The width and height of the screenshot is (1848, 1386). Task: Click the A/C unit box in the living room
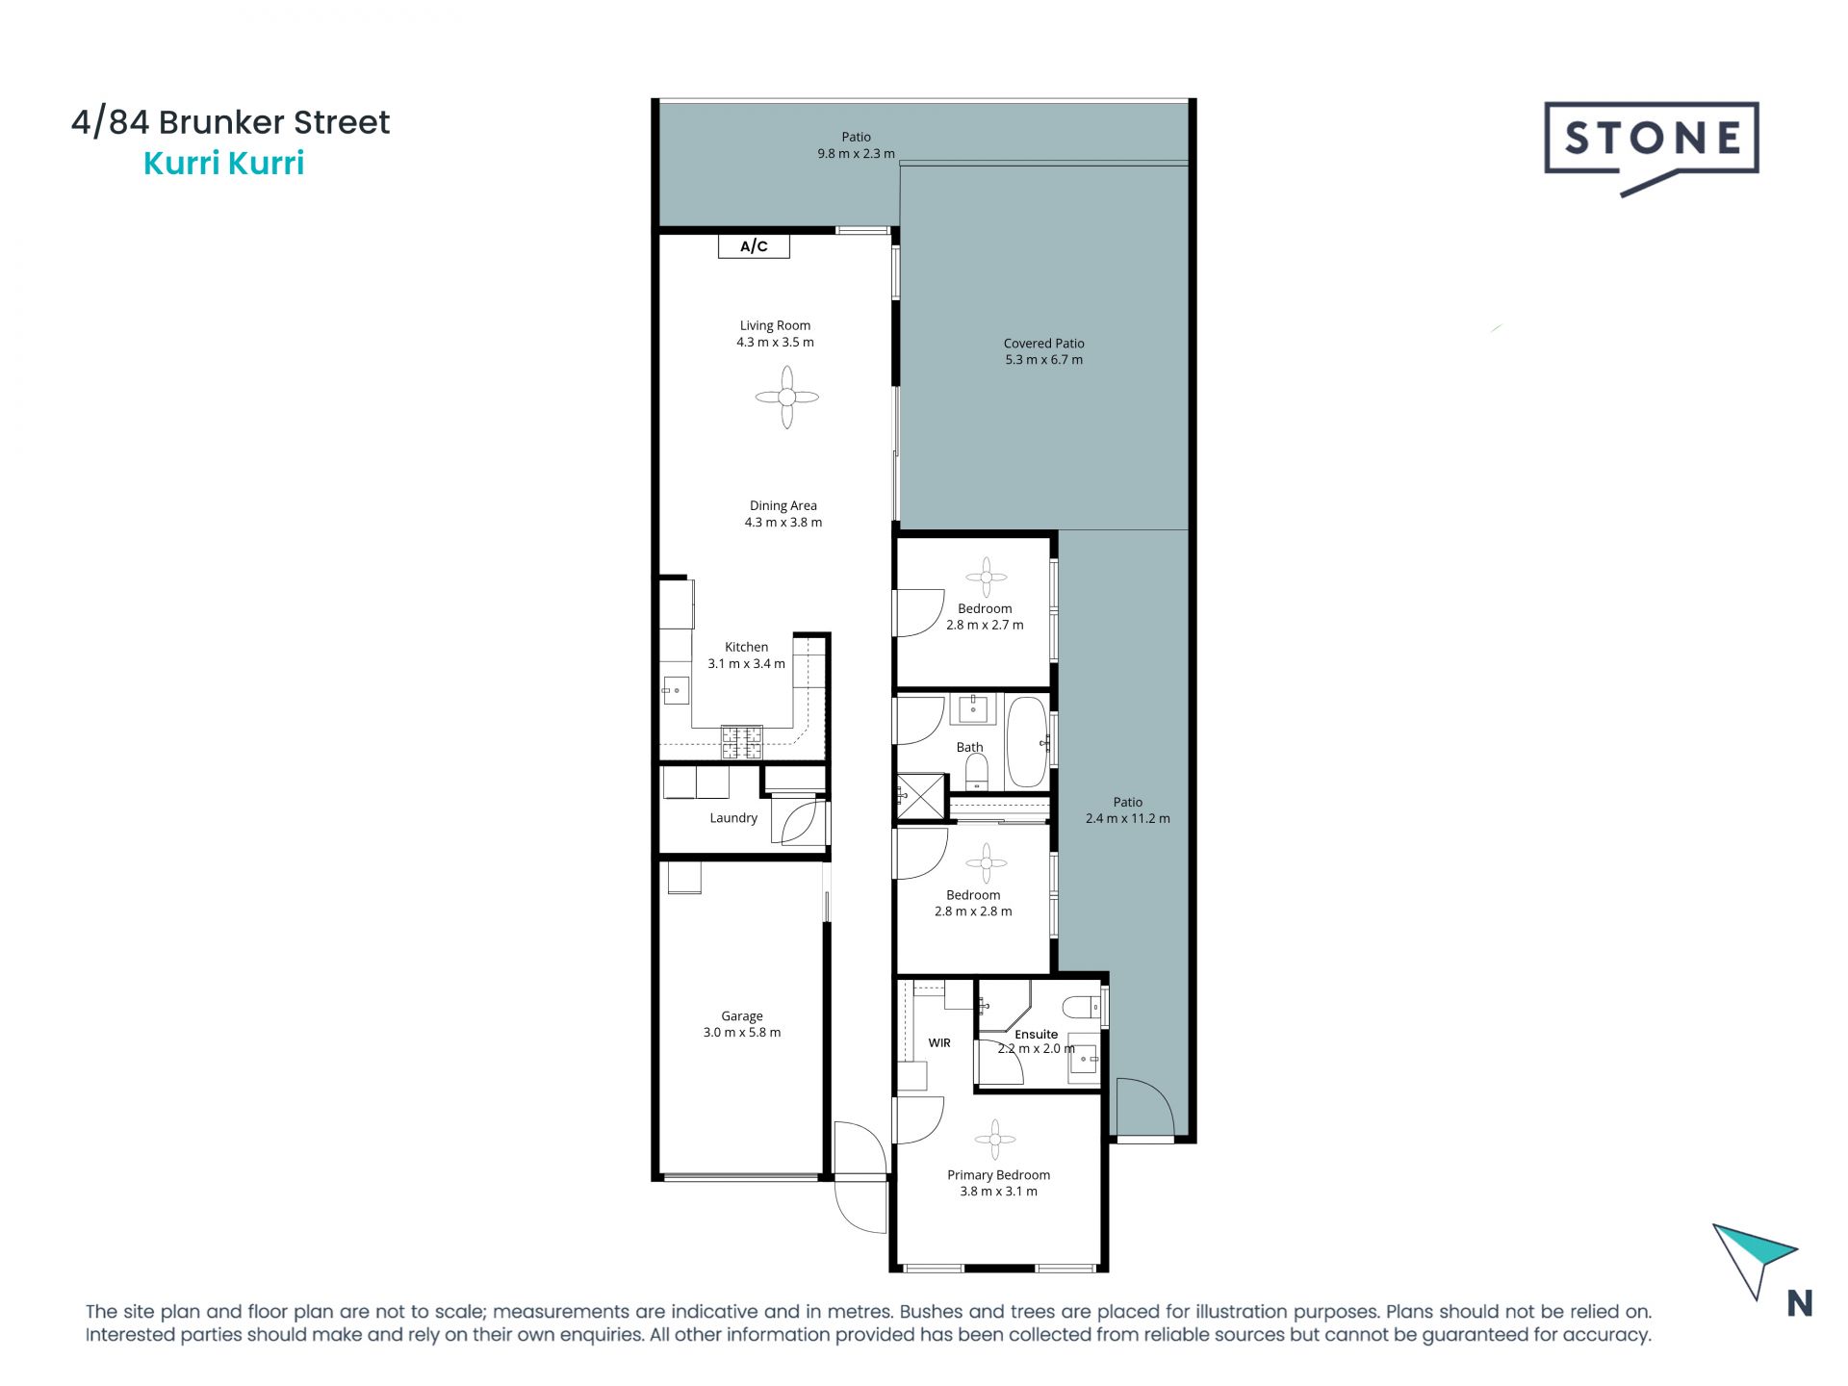click(x=754, y=246)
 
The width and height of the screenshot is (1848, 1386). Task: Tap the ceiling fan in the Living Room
click(x=786, y=397)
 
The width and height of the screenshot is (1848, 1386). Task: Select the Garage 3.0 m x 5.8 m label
click(x=741, y=1024)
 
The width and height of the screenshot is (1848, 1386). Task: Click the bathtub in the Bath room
click(x=1026, y=742)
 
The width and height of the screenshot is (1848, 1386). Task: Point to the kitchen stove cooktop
click(x=742, y=742)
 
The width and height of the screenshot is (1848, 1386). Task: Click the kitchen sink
click(x=676, y=690)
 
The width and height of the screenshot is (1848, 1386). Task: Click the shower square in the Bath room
click(x=921, y=796)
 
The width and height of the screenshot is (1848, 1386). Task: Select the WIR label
click(x=939, y=1042)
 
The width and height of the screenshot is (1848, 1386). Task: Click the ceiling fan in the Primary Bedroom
click(x=994, y=1140)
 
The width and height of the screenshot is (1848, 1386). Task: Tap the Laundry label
click(x=733, y=818)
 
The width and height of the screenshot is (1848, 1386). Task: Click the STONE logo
click(x=1652, y=141)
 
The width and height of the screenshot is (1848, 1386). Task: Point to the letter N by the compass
click(x=1799, y=1303)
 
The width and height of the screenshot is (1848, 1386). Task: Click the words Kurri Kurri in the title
click(x=223, y=164)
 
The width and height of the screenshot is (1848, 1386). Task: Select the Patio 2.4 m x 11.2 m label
click(x=1127, y=810)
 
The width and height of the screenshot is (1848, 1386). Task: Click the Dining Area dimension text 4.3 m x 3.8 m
click(x=783, y=523)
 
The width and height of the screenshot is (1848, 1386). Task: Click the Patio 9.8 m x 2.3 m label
click(x=856, y=145)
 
